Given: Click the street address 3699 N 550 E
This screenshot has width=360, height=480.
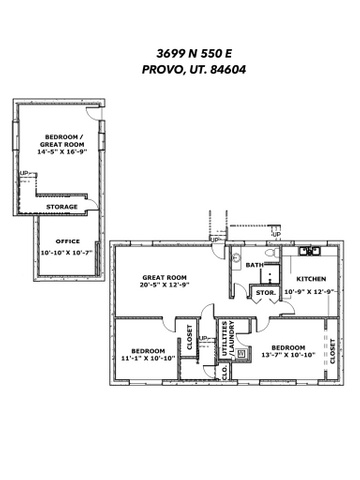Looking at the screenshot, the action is click(194, 53).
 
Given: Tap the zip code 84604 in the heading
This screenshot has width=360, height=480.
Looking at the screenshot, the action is click(228, 70).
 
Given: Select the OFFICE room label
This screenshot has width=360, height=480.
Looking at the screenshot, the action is click(68, 241).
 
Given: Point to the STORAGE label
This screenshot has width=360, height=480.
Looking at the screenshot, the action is click(62, 207).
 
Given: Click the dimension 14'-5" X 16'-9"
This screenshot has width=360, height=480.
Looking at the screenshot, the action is click(62, 152).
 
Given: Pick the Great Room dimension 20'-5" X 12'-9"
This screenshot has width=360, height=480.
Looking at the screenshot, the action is click(164, 285).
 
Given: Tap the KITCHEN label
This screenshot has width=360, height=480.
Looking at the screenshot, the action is click(311, 279).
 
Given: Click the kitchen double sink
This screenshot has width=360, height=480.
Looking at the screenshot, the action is click(310, 251).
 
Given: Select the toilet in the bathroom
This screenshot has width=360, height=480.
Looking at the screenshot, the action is click(273, 253).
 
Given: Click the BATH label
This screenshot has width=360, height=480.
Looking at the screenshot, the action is click(255, 265).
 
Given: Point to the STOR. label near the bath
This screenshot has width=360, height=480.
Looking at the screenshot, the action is click(266, 293).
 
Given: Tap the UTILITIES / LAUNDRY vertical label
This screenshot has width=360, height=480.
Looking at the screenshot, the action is click(228, 338).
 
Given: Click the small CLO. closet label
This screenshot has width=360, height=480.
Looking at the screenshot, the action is click(224, 371).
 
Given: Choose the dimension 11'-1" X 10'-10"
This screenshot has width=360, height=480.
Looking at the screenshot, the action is click(148, 358).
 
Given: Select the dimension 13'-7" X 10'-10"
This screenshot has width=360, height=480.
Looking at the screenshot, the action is click(288, 355).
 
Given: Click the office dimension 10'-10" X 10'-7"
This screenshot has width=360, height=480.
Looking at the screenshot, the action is click(66, 253).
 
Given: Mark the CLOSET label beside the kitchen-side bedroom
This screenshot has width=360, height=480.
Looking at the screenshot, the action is click(332, 351).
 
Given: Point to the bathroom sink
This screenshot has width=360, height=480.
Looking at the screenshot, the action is click(236, 258).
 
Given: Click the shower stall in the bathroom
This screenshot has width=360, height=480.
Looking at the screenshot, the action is click(270, 274).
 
